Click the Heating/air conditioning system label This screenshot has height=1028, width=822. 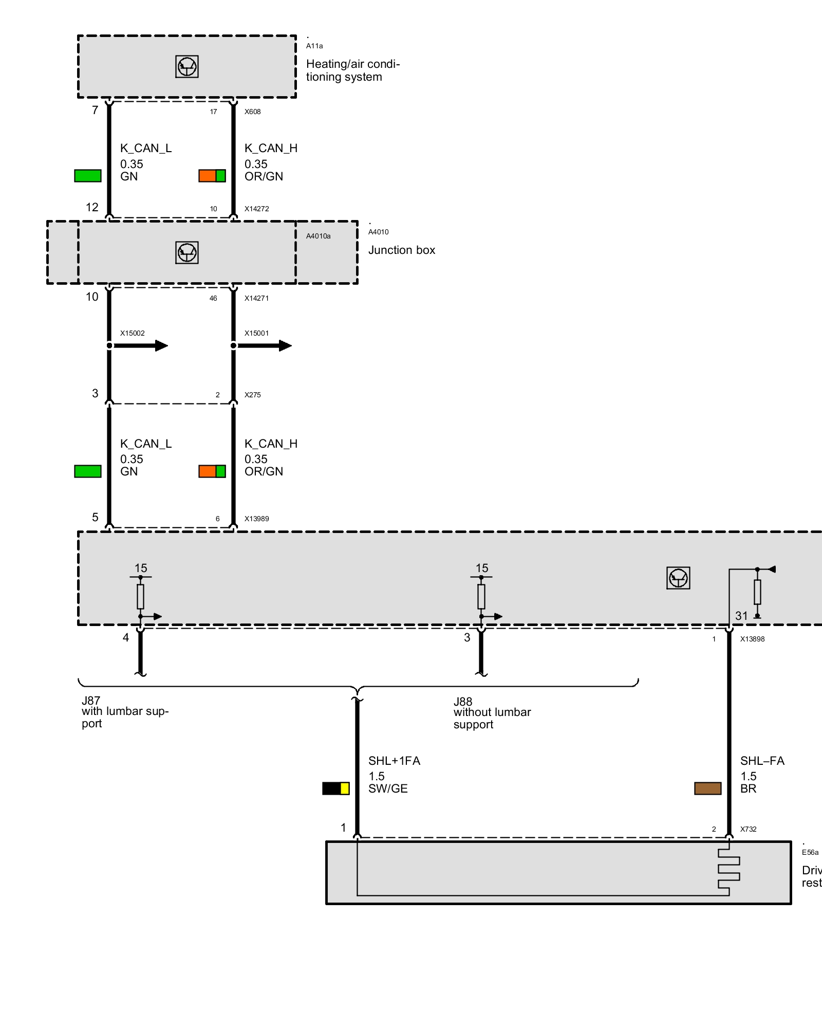[x=352, y=70]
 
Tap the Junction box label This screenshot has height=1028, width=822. [x=401, y=250]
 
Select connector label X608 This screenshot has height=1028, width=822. [x=252, y=112]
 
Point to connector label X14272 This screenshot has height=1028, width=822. [x=256, y=209]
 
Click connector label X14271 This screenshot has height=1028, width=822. [x=256, y=298]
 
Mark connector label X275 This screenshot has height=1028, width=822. [x=252, y=395]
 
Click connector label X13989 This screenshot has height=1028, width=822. [x=256, y=519]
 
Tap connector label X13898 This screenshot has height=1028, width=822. [x=752, y=639]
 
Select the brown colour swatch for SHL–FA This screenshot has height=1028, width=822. [x=707, y=788]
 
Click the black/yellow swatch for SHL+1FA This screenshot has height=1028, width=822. [x=335, y=788]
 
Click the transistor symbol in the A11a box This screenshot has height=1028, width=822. [x=187, y=67]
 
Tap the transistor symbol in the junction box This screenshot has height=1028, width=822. [x=187, y=253]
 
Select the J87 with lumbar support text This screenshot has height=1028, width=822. [x=125, y=712]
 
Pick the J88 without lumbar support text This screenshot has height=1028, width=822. [x=492, y=713]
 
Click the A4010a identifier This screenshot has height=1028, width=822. [x=318, y=236]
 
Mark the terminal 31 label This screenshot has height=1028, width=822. [x=741, y=616]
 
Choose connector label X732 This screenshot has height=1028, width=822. [x=748, y=829]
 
